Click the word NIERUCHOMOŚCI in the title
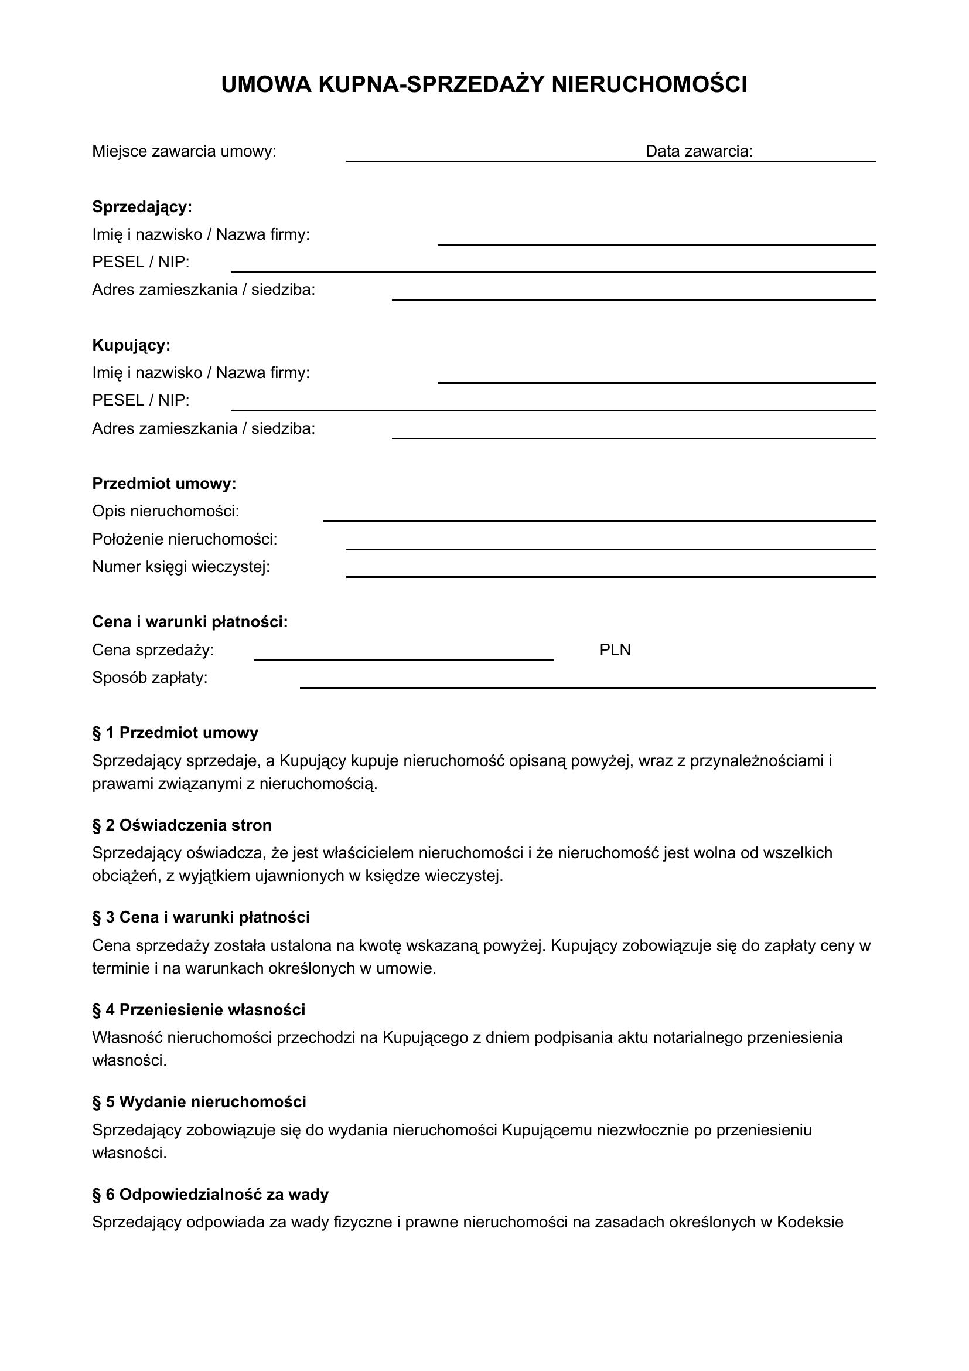click(x=649, y=85)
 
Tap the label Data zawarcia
click(x=699, y=151)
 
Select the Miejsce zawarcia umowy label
click(x=184, y=151)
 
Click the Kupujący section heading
click(x=131, y=345)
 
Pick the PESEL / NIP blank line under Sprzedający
click(x=553, y=271)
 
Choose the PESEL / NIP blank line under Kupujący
click(x=553, y=410)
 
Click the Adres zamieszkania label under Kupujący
click(x=203, y=428)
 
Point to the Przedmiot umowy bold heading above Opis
click(x=164, y=484)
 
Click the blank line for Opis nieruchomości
click(x=599, y=520)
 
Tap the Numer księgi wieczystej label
click(x=181, y=567)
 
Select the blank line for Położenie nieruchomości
click(x=611, y=548)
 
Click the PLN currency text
click(x=615, y=649)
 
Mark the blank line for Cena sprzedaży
click(x=403, y=659)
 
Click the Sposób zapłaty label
click(x=150, y=678)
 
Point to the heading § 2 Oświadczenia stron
click(x=182, y=825)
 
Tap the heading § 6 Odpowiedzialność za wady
click(x=210, y=1194)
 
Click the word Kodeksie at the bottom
click(x=810, y=1222)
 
